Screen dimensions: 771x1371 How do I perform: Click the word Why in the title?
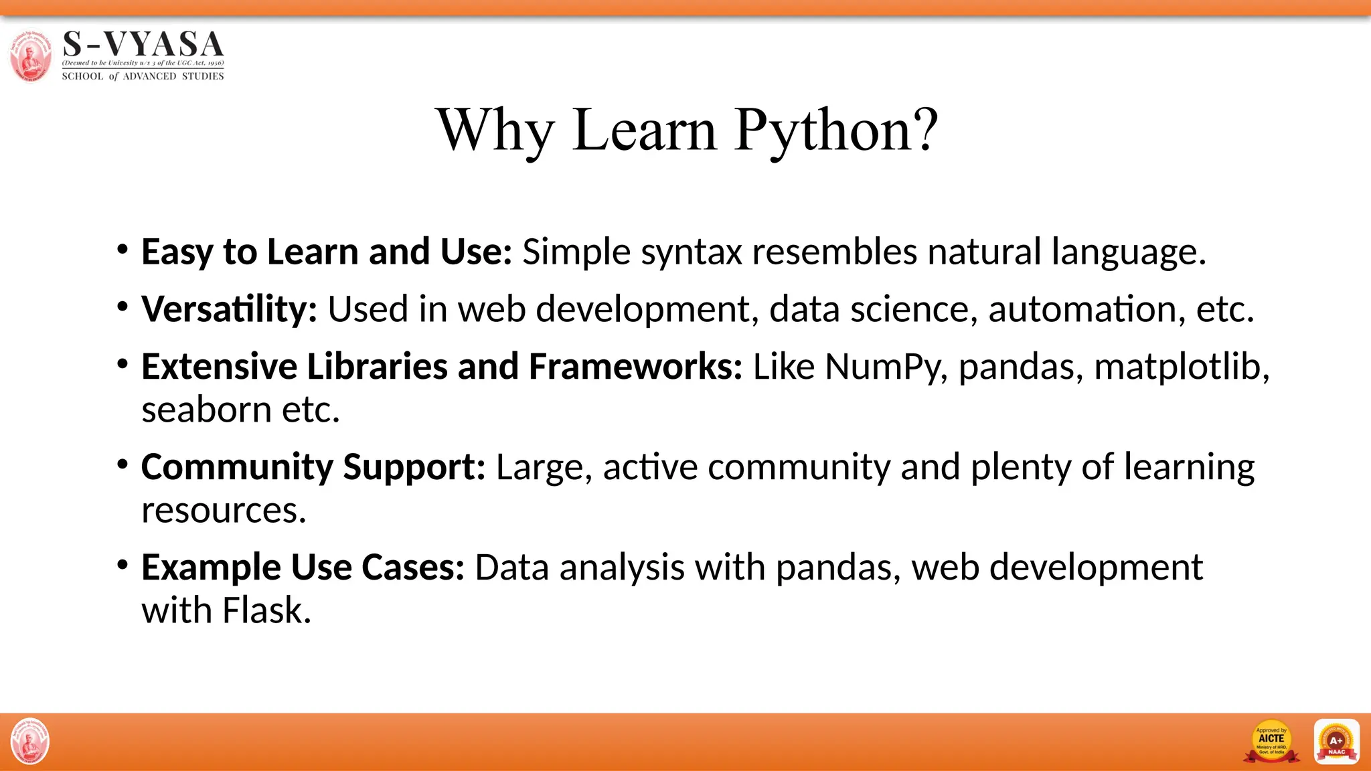click(x=495, y=131)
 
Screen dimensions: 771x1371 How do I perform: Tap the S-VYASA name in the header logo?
click(x=143, y=45)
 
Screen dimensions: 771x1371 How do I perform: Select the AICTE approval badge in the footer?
click(x=1271, y=742)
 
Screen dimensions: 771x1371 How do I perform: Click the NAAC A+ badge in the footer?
click(x=1336, y=742)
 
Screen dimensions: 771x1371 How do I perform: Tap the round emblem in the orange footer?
click(x=30, y=742)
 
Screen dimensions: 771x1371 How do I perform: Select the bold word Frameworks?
click(x=635, y=367)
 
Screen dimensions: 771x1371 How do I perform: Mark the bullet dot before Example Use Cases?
click(x=122, y=566)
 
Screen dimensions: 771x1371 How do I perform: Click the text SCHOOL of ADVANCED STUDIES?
click(x=143, y=76)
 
